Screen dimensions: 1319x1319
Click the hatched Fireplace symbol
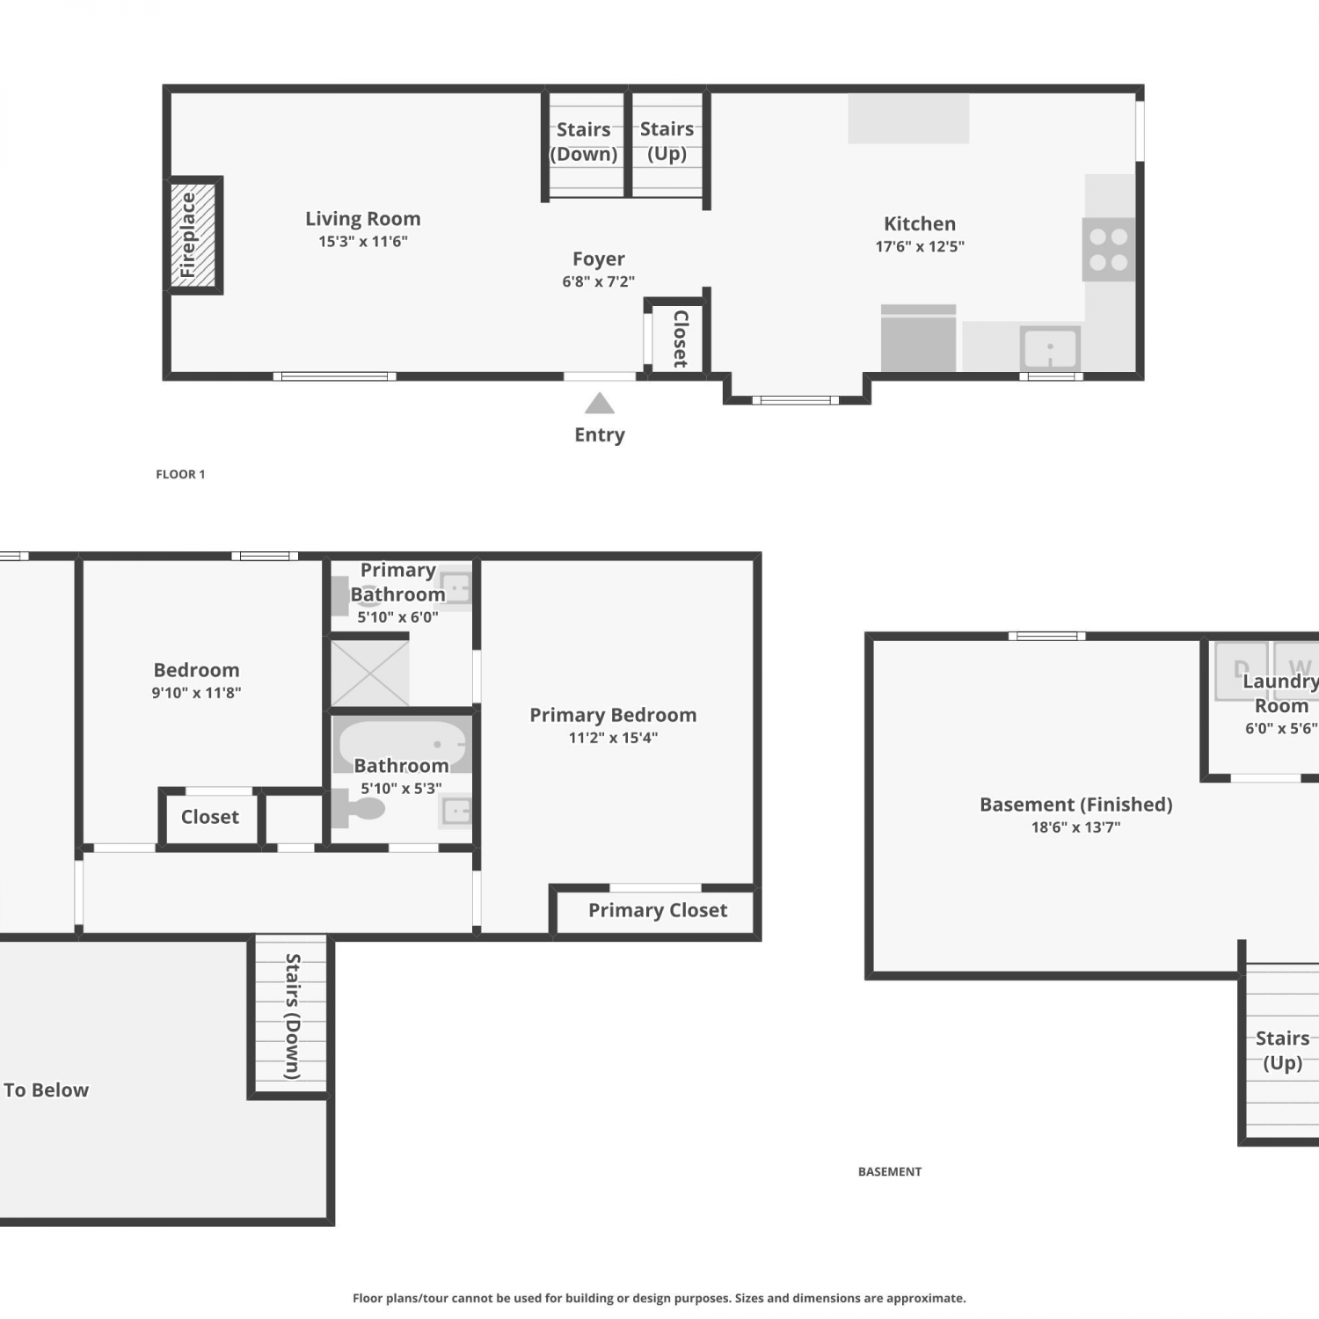pos(193,235)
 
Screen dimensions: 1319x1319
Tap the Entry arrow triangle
pos(600,404)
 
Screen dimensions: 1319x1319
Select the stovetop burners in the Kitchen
pos(1109,250)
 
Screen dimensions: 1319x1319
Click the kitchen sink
pos(1050,349)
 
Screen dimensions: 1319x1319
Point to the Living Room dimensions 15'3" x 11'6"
pos(363,241)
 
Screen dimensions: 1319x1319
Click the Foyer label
pos(599,259)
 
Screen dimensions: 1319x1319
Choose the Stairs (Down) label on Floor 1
pos(583,142)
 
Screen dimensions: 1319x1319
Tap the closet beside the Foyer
pos(678,339)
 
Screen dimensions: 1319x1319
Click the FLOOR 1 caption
pos(180,474)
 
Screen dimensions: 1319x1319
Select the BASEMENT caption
pos(890,1171)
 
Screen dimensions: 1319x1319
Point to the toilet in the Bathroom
pos(357,807)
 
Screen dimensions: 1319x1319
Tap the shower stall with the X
pos(370,673)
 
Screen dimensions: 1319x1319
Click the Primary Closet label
pos(658,910)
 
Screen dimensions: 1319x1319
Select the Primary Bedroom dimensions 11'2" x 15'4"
pos(613,738)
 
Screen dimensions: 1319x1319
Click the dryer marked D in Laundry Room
pos(1241,671)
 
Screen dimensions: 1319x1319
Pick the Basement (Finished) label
pos(1076,805)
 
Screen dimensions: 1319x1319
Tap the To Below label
pos(46,1089)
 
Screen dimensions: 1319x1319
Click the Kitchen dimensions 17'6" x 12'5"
pos(920,246)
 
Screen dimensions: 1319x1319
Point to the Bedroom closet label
pos(210,817)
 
